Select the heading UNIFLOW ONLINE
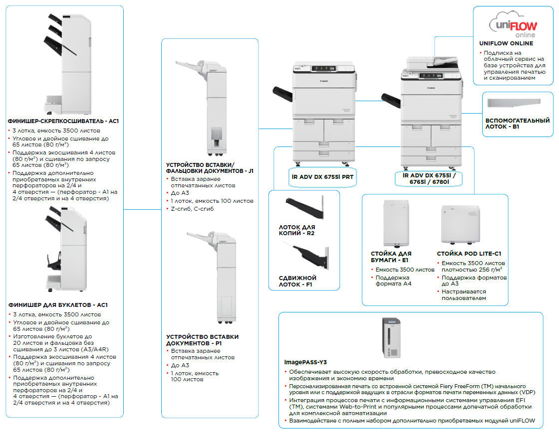(x=506, y=43)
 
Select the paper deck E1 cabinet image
(x=396, y=223)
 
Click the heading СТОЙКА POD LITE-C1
(x=469, y=254)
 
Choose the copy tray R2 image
(x=304, y=209)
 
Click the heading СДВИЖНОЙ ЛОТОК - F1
(x=297, y=282)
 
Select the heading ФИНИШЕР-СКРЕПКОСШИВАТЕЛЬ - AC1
(x=63, y=121)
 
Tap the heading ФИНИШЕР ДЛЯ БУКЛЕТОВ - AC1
(x=58, y=305)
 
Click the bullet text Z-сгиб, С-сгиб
(x=192, y=209)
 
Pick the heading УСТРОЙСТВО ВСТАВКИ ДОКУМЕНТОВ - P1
(x=202, y=340)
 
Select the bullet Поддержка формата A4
(x=392, y=281)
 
